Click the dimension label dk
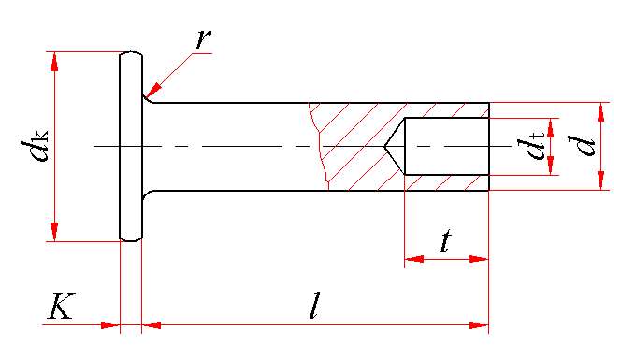click(x=35, y=146)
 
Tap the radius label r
click(x=204, y=39)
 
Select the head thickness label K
click(x=62, y=306)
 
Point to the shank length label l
click(x=314, y=305)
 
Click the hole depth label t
click(x=446, y=240)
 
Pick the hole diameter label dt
click(x=530, y=146)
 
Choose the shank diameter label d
click(x=582, y=146)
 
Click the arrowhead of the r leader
click(x=152, y=91)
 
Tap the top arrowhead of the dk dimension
click(x=54, y=62)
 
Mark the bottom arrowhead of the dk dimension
click(x=54, y=232)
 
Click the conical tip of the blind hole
click(x=384, y=147)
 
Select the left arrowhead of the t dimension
click(x=414, y=259)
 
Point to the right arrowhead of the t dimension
click(x=479, y=259)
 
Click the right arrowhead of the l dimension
click(x=479, y=325)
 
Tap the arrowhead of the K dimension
click(x=110, y=325)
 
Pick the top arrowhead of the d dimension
click(x=601, y=112)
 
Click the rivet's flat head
click(x=131, y=146)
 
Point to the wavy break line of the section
click(x=319, y=146)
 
